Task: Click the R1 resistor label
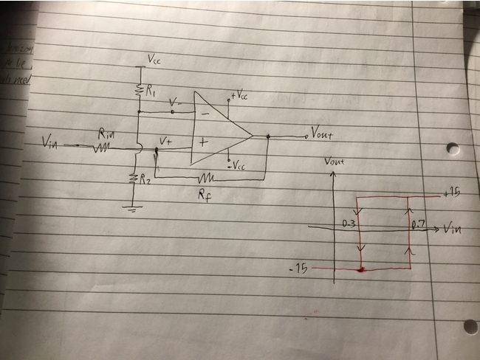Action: pyautogui.click(x=150, y=92)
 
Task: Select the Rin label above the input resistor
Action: pyautogui.click(x=106, y=135)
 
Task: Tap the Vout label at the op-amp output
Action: pyautogui.click(x=323, y=134)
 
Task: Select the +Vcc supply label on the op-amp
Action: pyautogui.click(x=239, y=97)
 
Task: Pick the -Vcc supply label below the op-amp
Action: pyautogui.click(x=237, y=166)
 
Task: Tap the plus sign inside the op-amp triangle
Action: pyautogui.click(x=202, y=143)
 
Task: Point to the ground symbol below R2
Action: pyautogui.click(x=132, y=208)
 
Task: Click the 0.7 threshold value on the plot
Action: pyautogui.click(x=419, y=223)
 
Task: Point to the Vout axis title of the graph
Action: pyautogui.click(x=336, y=160)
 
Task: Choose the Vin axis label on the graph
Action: pyautogui.click(x=455, y=228)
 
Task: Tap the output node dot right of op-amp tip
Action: pyautogui.click(x=267, y=136)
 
